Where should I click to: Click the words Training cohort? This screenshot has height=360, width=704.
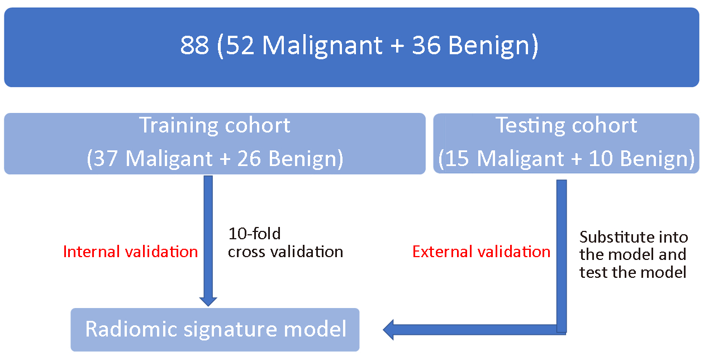coord(215,126)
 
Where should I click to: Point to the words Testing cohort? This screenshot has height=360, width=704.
coord(567,126)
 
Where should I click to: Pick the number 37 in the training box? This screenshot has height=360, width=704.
coord(106,158)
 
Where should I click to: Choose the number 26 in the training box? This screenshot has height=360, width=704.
coord(249,158)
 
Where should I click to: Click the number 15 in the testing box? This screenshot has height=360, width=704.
coord(457,158)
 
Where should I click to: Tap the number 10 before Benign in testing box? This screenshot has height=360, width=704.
coord(601,158)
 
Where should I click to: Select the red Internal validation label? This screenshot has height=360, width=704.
coord(130,252)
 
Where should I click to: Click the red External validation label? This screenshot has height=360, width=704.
coord(481,252)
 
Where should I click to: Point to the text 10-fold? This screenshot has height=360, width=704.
coord(254,234)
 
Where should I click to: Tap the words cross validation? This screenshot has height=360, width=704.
coord(286,252)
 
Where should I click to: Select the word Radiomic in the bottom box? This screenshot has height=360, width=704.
coord(131,329)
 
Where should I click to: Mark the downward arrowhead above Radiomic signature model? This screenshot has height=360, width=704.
coord(208,301)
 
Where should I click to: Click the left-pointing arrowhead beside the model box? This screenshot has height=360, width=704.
coord(388,329)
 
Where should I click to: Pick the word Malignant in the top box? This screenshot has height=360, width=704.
coord(322,46)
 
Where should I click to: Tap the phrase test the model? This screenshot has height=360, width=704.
coord(632,272)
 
